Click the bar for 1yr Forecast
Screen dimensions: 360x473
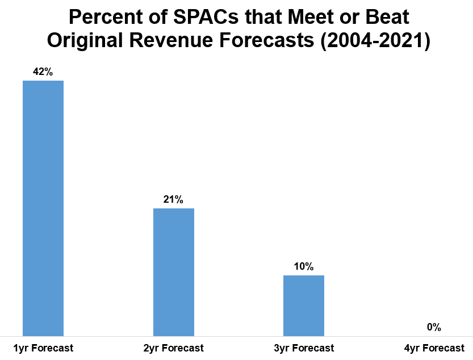(x=43, y=208)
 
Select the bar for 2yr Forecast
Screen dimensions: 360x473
(x=174, y=272)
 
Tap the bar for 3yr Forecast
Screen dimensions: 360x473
(x=304, y=305)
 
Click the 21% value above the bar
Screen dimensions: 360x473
(x=174, y=199)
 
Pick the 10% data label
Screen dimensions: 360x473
(x=304, y=266)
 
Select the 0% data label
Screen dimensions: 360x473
(x=434, y=327)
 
